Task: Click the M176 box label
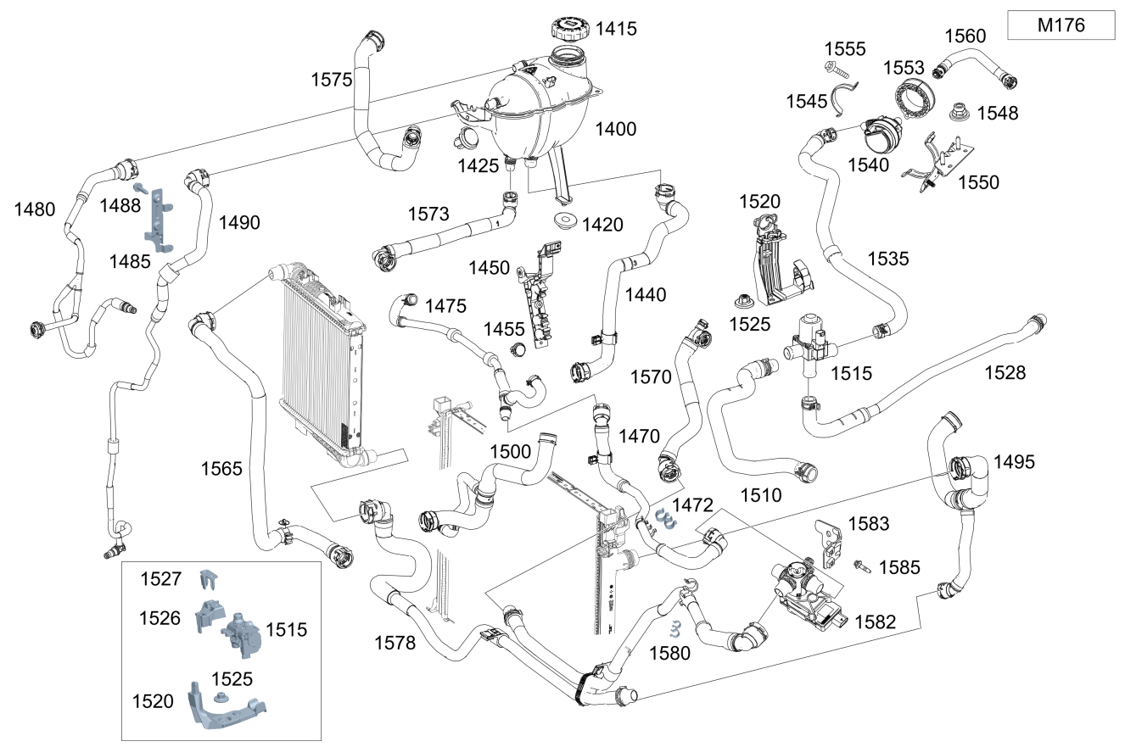(1060, 25)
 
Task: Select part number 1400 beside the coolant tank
(615, 130)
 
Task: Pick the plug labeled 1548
(960, 112)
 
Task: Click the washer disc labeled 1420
(563, 222)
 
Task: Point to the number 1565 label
(221, 468)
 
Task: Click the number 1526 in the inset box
(160, 618)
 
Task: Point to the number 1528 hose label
(1005, 372)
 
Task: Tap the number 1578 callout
(395, 643)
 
